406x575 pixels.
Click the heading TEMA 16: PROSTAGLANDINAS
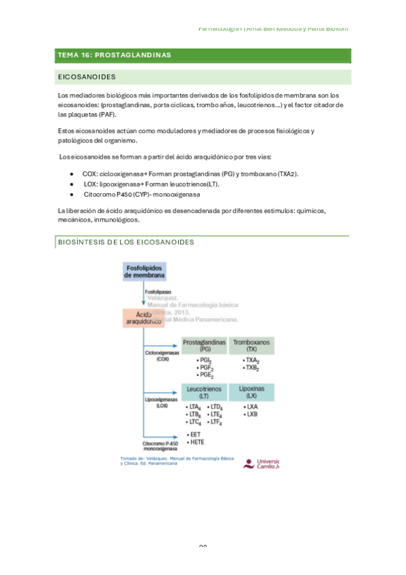[115, 55]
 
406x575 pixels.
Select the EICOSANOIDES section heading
[88, 77]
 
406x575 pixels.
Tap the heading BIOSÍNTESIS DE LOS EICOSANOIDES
[127, 241]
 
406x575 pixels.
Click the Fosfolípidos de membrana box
[144, 272]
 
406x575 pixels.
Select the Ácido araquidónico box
[144, 319]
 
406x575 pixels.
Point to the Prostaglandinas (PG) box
[204, 345]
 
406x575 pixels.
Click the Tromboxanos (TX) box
[251, 345]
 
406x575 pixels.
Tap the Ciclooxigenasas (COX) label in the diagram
[161, 356]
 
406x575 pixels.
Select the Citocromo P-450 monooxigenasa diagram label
[160, 445]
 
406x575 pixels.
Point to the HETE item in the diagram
[197, 442]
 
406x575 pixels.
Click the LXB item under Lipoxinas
[251, 414]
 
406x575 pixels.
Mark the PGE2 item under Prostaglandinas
[205, 374]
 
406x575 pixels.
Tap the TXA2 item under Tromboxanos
[251, 360]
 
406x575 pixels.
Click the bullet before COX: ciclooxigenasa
[72, 174]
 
